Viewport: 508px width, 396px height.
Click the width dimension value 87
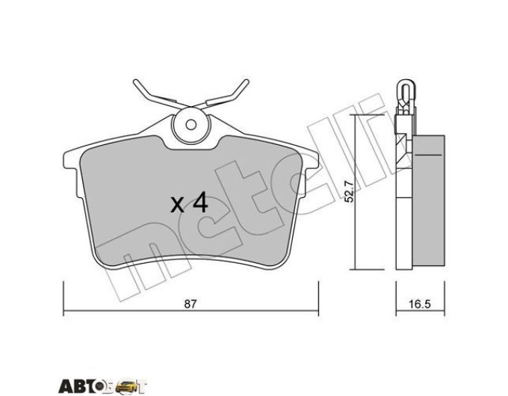pos(190,305)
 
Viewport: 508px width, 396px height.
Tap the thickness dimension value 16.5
pos(420,305)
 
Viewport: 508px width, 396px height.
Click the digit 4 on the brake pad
pos(200,202)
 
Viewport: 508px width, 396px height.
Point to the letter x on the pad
pos(177,205)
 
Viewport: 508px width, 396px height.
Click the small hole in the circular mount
pos(190,125)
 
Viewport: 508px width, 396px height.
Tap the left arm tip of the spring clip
pos(136,81)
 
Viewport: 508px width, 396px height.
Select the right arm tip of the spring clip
pos(247,81)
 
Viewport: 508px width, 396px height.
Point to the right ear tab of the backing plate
pos(311,161)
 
